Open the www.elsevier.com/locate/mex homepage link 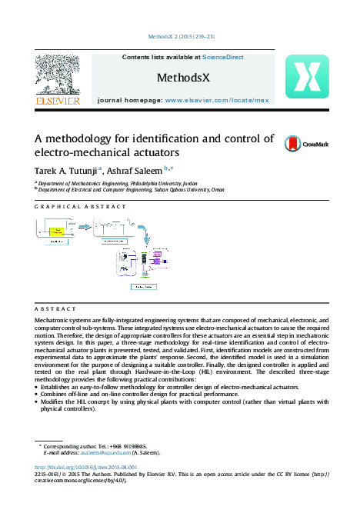point(217,101)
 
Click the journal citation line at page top point(179,36)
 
